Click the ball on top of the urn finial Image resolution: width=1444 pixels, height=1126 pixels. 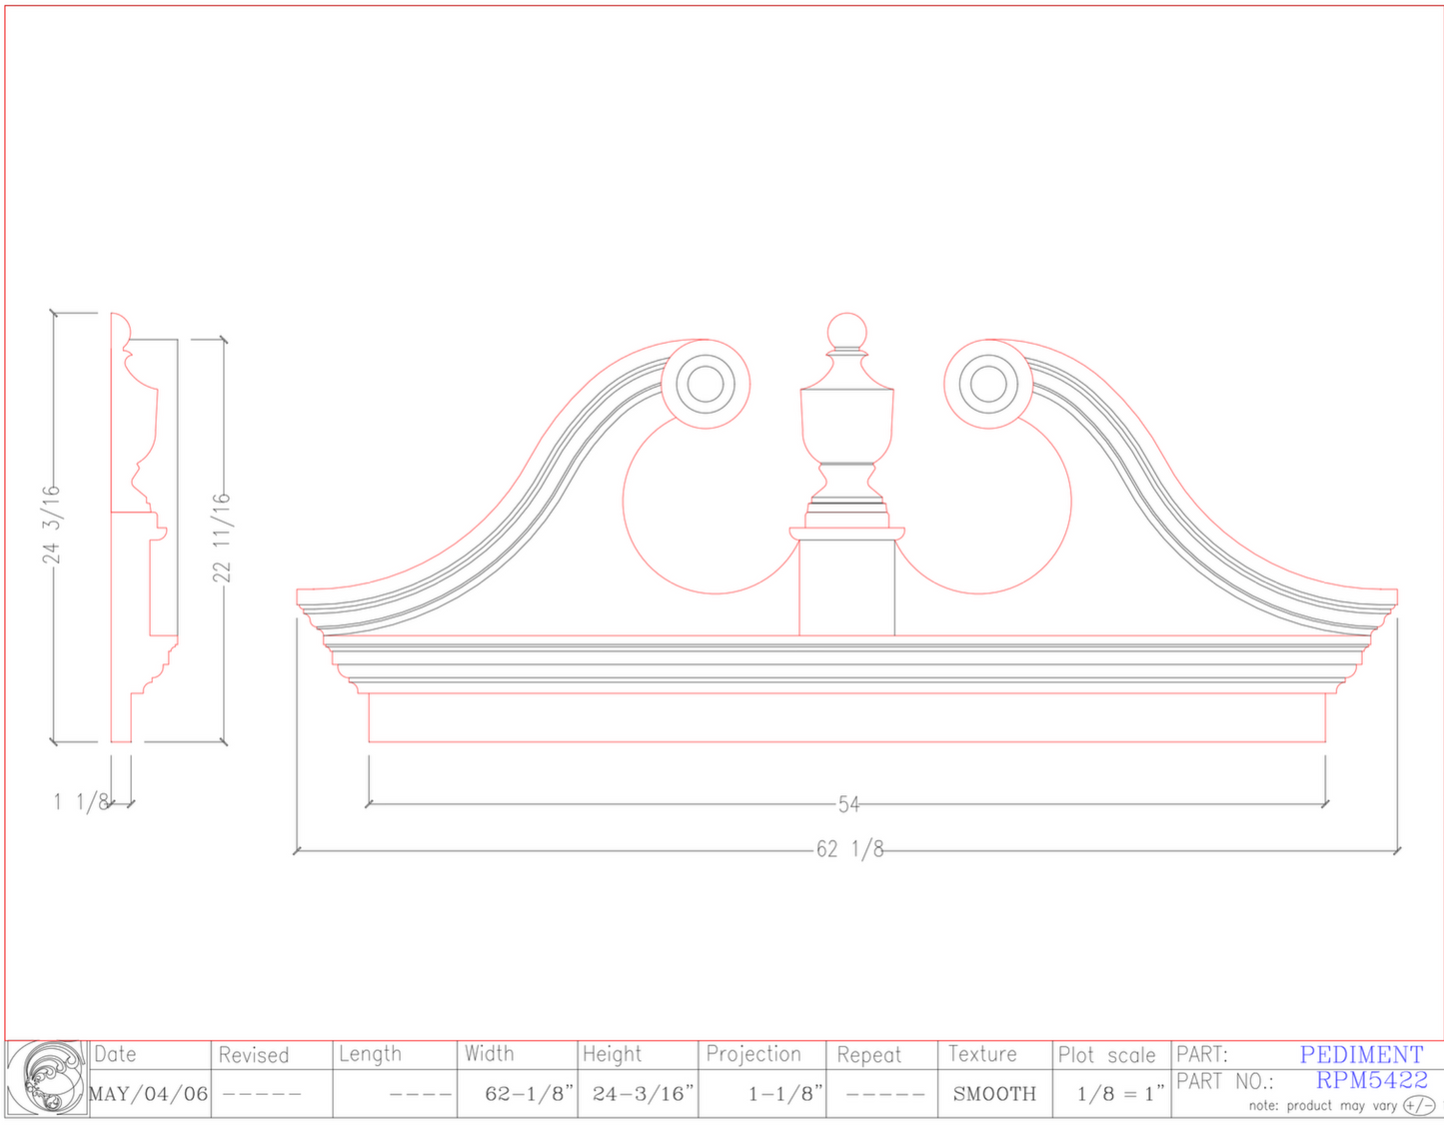click(x=846, y=332)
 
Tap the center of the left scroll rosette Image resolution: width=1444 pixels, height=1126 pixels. click(x=706, y=385)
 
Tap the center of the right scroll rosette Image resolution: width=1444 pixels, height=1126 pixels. click(x=988, y=385)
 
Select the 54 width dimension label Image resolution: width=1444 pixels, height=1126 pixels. click(x=848, y=804)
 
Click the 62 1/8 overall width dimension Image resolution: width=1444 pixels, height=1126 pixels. click(x=849, y=849)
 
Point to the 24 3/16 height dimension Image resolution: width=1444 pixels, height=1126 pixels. click(x=51, y=525)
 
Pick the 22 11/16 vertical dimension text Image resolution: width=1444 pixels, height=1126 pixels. click(x=221, y=538)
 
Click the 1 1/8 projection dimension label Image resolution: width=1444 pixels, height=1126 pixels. click(x=80, y=801)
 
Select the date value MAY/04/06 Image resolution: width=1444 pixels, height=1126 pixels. click(x=149, y=1094)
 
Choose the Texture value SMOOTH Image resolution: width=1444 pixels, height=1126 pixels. click(x=994, y=1094)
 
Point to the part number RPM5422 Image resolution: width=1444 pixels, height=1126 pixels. click(x=1371, y=1080)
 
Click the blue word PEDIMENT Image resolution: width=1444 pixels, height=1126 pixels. click(x=1361, y=1054)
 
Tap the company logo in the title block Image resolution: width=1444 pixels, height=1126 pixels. click(x=47, y=1078)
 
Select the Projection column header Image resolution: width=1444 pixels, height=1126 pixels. click(x=753, y=1054)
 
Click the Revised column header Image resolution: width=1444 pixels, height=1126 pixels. click(x=253, y=1055)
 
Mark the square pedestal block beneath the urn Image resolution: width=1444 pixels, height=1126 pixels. click(x=846, y=587)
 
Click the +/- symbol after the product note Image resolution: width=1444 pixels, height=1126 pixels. click(x=1418, y=1105)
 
